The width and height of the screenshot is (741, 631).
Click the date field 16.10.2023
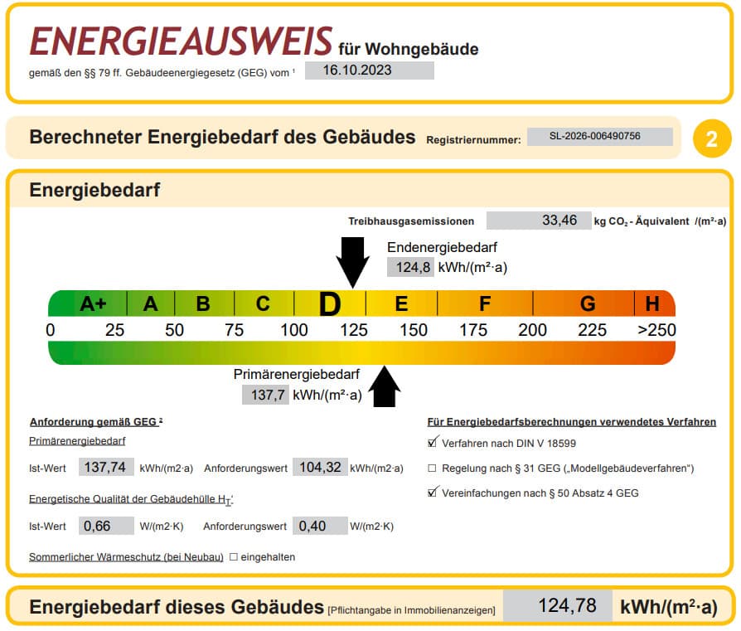(369, 70)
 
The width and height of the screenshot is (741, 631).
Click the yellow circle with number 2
(712, 138)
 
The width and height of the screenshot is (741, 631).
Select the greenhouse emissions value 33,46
(539, 221)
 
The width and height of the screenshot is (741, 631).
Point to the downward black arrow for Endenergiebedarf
(352, 262)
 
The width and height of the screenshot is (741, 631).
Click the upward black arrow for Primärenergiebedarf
(385, 386)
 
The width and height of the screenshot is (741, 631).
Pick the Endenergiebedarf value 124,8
(410, 267)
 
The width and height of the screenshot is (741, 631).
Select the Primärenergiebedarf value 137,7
(265, 395)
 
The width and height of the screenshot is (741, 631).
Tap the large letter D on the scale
(330, 304)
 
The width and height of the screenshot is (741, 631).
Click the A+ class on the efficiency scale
(93, 303)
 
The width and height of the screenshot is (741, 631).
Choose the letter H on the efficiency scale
(652, 303)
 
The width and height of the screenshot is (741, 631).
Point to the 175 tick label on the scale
(473, 330)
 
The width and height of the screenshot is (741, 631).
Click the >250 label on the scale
(657, 330)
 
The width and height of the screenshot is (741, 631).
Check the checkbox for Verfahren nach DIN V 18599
(432, 443)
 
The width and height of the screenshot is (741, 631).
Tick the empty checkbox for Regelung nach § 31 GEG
(432, 468)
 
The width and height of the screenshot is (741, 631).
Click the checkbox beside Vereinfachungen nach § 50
(432, 493)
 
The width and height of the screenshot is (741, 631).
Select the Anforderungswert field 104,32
(321, 468)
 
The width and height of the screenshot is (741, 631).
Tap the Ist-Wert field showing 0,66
(106, 526)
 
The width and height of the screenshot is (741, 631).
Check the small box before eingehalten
(234, 557)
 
